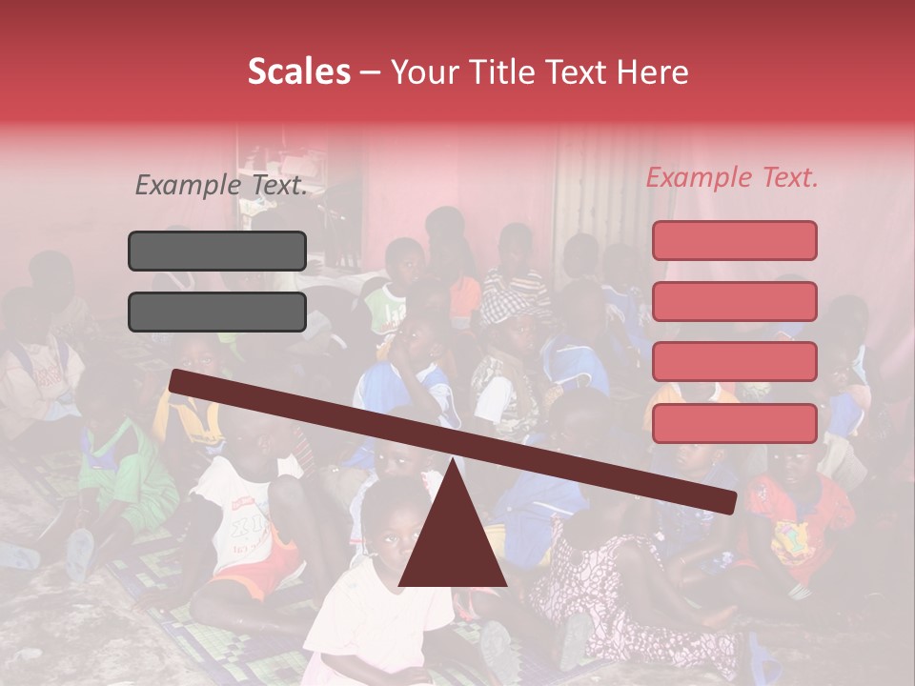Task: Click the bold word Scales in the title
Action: (298, 72)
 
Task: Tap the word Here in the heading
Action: (653, 72)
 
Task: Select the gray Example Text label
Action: (221, 186)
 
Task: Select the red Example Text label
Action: (732, 177)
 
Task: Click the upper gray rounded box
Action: (217, 251)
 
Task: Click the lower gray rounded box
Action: (217, 312)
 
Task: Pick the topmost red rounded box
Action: (734, 240)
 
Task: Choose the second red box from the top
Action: (734, 301)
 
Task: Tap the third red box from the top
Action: (734, 362)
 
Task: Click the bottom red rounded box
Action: (734, 423)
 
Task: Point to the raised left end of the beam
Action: (177, 380)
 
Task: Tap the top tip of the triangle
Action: (453, 461)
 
